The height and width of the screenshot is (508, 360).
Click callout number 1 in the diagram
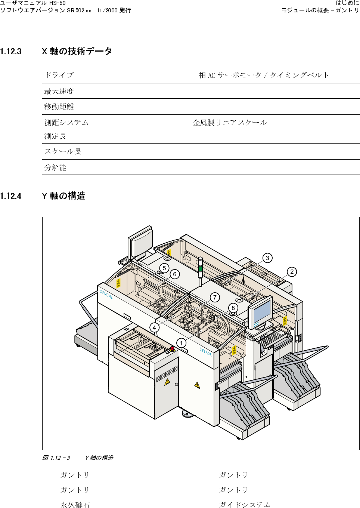point(181,343)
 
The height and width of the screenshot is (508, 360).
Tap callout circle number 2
point(292,272)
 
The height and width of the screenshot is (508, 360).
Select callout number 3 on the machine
point(267,258)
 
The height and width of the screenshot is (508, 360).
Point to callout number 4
point(154,327)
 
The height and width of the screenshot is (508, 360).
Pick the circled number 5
point(164,268)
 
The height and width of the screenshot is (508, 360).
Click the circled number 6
point(174,274)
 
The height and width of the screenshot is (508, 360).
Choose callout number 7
point(215,297)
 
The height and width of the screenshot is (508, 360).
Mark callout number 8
point(233,308)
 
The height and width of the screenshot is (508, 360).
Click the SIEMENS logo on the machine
point(106,294)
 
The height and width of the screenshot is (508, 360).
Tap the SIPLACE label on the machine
point(205,352)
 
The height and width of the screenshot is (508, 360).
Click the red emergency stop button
point(172,349)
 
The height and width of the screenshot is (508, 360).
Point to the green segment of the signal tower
point(200,268)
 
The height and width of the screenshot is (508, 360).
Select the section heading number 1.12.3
point(11,52)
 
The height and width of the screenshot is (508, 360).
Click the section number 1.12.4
point(11,196)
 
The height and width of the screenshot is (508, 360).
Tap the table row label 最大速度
point(59,91)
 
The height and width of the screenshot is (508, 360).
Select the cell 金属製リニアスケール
point(230,123)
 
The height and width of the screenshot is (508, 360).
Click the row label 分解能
point(55,167)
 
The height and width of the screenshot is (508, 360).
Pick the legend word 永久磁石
point(75,505)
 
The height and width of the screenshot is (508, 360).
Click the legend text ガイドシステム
point(245,505)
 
